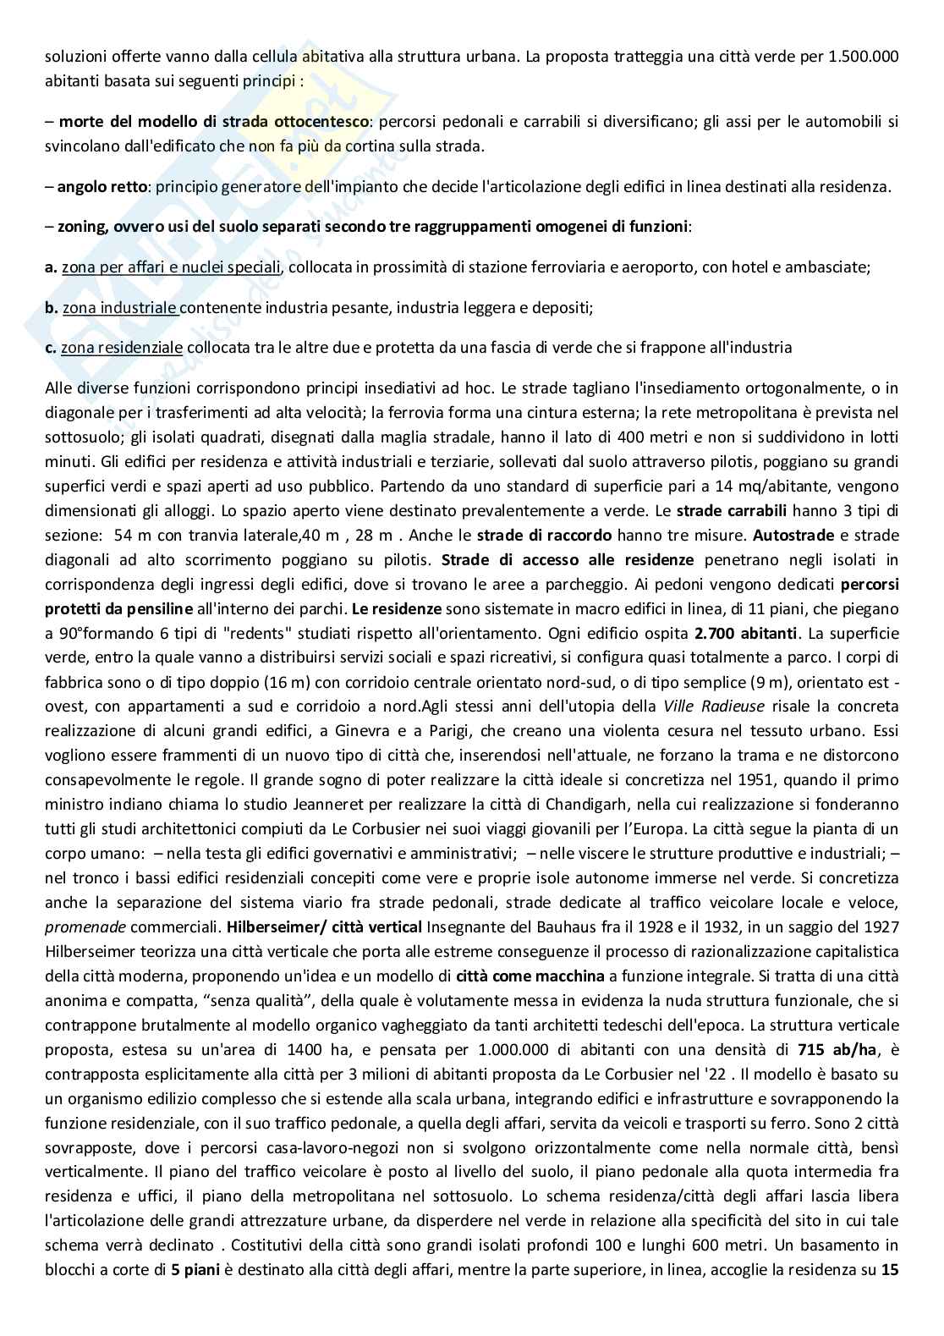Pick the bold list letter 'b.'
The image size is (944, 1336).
51,308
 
